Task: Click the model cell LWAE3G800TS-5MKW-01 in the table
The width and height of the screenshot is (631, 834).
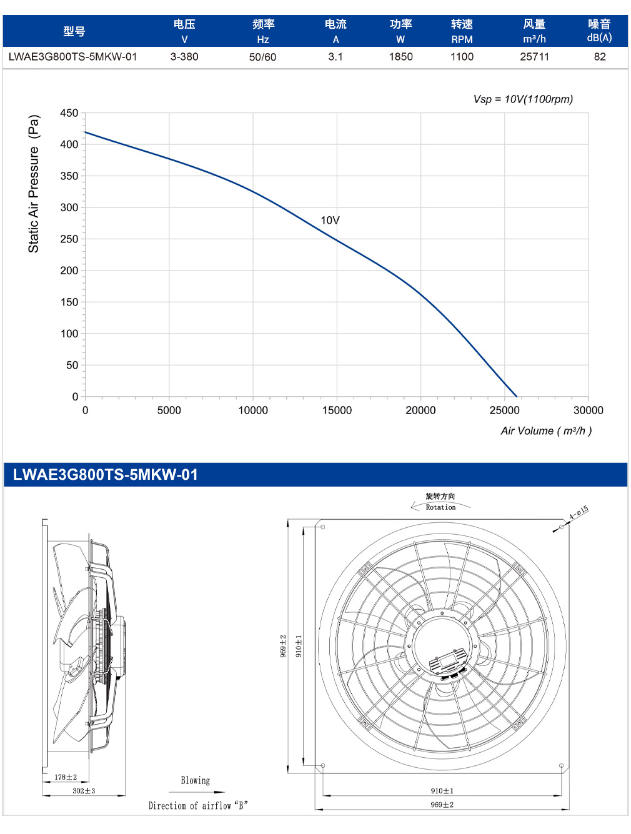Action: pos(72,57)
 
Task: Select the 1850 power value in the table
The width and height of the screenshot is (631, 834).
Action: pos(400,57)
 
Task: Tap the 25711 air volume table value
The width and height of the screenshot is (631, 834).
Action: pos(534,57)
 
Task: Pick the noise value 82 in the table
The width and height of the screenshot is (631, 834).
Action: pos(600,57)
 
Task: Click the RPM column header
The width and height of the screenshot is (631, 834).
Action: pos(462,39)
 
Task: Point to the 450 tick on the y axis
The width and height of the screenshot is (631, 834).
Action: pos(69,113)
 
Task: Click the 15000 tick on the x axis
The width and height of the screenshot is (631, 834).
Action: pos(337,410)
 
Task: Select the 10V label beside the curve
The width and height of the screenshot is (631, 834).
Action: pos(330,221)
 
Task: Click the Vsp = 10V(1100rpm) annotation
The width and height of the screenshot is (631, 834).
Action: pos(523,99)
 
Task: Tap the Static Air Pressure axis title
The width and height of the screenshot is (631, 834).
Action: pos(34,184)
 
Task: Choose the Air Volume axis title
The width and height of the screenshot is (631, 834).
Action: pos(546,431)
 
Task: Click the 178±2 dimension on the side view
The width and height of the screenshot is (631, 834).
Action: pos(66,777)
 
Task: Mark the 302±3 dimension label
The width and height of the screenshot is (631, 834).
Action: pos(84,791)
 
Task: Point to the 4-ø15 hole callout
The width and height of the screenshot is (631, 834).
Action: pos(579,512)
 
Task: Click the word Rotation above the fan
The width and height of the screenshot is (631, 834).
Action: pos(440,507)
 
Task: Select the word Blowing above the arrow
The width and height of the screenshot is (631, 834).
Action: pos(196,780)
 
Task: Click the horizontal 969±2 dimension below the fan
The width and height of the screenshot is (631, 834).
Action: pos(442,805)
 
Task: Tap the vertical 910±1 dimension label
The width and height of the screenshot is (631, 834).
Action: pos(299,645)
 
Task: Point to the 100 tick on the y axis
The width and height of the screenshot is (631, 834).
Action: pos(69,334)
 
